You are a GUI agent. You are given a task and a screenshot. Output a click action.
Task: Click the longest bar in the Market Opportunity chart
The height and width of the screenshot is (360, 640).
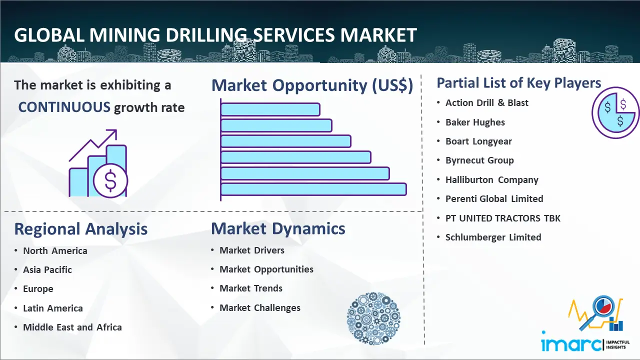pyautogui.click(x=313, y=189)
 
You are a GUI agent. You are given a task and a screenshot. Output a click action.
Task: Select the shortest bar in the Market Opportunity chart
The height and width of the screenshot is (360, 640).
pyautogui.click(x=270, y=109)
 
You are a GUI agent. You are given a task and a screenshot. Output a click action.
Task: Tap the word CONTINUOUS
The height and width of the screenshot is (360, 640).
pyautogui.click(x=64, y=107)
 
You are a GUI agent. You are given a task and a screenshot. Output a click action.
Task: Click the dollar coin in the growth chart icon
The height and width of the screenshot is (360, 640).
pyautogui.click(x=110, y=181)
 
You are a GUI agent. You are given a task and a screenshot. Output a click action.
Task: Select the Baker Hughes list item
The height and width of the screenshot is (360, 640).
pyautogui.click(x=475, y=122)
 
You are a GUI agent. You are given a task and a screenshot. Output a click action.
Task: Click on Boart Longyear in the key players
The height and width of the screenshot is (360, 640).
pyautogui.click(x=478, y=141)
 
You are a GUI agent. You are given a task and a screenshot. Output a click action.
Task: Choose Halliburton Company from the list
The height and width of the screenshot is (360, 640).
pyautogui.click(x=491, y=180)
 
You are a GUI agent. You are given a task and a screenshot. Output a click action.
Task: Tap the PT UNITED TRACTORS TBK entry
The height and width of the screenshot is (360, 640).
pyautogui.click(x=503, y=218)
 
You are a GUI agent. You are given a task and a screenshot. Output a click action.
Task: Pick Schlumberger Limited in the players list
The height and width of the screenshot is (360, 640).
pyautogui.click(x=493, y=237)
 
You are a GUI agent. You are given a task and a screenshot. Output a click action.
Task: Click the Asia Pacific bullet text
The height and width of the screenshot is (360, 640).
pyautogui.click(x=47, y=269)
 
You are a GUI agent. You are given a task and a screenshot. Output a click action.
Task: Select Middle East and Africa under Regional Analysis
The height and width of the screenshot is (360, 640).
pyautogui.click(x=72, y=327)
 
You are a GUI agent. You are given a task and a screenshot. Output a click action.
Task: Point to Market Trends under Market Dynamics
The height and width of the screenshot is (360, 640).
pyautogui.click(x=251, y=288)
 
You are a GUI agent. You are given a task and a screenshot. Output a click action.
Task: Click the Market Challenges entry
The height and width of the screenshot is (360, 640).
pyautogui.click(x=260, y=307)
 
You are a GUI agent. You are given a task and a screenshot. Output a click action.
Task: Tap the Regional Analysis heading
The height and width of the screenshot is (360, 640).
pyautogui.click(x=81, y=229)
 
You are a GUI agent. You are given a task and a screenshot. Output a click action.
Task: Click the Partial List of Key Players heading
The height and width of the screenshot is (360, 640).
pyautogui.click(x=519, y=83)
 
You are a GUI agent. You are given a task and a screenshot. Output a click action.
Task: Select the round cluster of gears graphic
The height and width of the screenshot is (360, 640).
pyautogui.click(x=373, y=318)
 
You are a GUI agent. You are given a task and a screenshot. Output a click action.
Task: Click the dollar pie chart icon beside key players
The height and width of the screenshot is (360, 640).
pyautogui.click(x=615, y=113)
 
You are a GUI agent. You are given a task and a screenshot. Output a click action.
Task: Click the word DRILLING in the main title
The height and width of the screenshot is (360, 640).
pyautogui.click(x=206, y=35)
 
